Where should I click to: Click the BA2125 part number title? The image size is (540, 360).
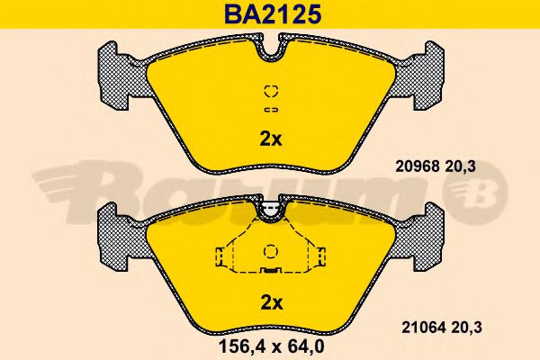coord(273,14)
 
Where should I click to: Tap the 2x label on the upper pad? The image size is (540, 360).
coord(271,139)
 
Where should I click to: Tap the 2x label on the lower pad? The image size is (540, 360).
coord(272,303)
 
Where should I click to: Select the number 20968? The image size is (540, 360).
coord(417,166)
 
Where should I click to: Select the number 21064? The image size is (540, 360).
coord(423,328)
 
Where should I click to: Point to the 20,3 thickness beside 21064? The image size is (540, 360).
coord(466,328)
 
